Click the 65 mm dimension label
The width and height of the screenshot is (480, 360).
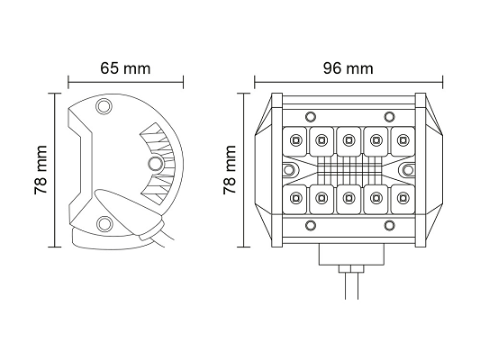(x=125, y=68)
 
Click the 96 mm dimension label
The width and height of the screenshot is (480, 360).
(x=349, y=68)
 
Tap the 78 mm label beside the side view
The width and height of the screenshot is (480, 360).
(x=41, y=170)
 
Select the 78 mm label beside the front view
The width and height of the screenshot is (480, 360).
(x=230, y=170)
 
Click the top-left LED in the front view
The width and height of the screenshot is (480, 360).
(x=295, y=140)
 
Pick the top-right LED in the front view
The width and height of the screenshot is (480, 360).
(x=403, y=140)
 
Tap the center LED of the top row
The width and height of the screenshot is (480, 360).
(x=348, y=140)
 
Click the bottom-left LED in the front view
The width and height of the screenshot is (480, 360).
(x=295, y=198)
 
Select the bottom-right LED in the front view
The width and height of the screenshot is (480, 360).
(x=403, y=198)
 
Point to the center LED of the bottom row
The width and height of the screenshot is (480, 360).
(x=348, y=198)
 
